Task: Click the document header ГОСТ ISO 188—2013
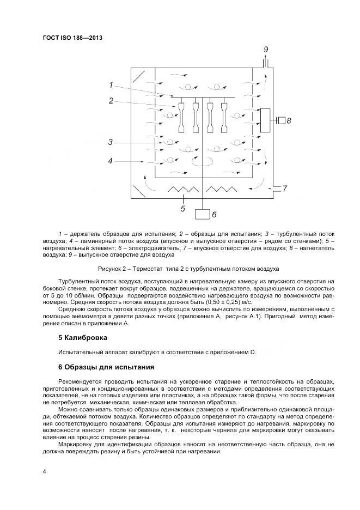point(72,38)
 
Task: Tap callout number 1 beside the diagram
point(111,85)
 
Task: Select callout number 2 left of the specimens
point(111,100)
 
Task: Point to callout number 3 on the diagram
point(110,142)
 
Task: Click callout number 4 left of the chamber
point(110,161)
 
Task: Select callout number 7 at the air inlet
point(284,189)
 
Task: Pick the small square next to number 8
point(281,120)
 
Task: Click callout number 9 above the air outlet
point(266,50)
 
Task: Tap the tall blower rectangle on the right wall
point(267,120)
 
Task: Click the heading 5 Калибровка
point(79,338)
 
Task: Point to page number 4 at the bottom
point(44,470)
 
